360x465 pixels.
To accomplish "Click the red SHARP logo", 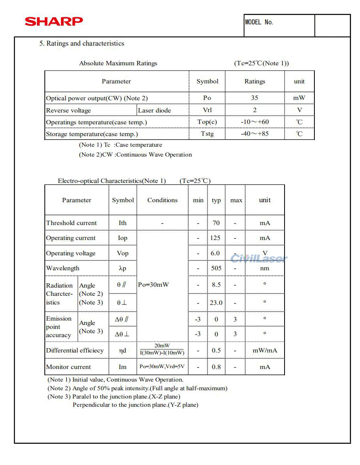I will (54, 21).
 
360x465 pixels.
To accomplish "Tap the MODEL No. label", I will (259, 22).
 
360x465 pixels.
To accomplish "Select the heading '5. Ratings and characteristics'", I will (81, 44).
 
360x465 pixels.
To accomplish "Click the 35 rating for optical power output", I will (255, 98).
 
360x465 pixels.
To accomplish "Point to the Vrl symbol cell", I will (207, 110).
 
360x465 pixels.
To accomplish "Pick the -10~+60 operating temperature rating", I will (255, 122).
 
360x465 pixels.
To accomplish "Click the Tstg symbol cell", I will (207, 134).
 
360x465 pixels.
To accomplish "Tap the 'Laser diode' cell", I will (154, 111).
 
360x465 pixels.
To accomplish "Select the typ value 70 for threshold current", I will (216, 223).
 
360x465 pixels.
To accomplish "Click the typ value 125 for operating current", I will (215, 238).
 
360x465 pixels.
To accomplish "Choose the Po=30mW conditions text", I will (153, 285).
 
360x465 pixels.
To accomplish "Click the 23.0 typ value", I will (216, 303).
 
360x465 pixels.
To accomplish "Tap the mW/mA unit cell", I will (265, 351).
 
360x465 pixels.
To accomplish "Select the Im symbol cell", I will (123, 367).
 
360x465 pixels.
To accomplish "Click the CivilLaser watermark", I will (259, 258).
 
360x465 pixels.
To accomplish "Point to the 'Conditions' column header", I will (162, 200).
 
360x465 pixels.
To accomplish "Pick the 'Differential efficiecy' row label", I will (75, 351).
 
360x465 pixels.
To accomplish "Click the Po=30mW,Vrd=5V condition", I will (162, 367).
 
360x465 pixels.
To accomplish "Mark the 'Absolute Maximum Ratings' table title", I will (118, 63).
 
